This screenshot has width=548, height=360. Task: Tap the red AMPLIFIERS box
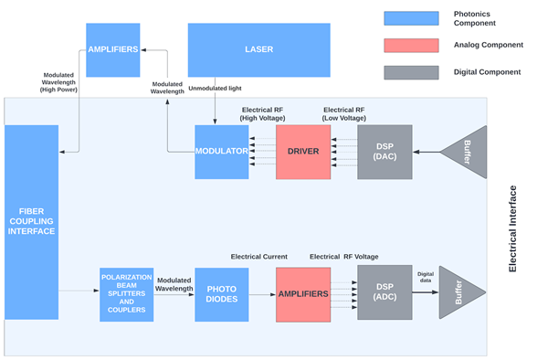(302, 294)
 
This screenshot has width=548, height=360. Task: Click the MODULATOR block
(222, 151)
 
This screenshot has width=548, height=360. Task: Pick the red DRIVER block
(302, 151)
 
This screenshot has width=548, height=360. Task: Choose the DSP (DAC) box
(385, 151)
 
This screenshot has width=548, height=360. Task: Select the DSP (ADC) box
(385, 292)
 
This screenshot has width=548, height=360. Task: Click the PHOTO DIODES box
(222, 294)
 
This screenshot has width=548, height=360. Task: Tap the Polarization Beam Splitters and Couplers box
(126, 294)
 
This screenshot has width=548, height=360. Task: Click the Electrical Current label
(258, 257)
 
